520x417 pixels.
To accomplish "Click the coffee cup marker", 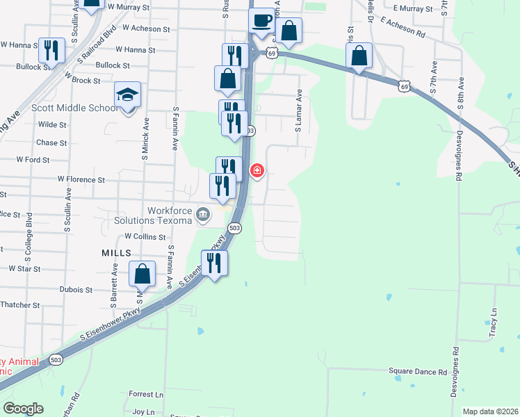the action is point(262,21).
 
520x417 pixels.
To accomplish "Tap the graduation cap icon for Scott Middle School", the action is point(128,94).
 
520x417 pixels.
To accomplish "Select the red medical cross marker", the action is point(257,170).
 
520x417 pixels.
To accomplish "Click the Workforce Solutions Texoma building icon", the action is point(202,213).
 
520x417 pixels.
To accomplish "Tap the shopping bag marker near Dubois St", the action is point(142,274).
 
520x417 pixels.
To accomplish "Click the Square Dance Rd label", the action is point(416,373).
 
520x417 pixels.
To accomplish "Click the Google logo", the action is point(23,409).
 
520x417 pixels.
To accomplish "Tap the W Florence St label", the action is point(81,179).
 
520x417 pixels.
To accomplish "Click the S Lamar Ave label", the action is point(298,111).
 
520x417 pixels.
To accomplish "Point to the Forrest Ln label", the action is point(146,394).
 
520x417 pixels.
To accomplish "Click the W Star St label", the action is point(24,268).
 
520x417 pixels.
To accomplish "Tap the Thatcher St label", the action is point(21,304).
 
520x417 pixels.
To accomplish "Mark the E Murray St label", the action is point(413,8).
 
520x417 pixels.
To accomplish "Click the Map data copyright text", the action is point(490,411).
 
